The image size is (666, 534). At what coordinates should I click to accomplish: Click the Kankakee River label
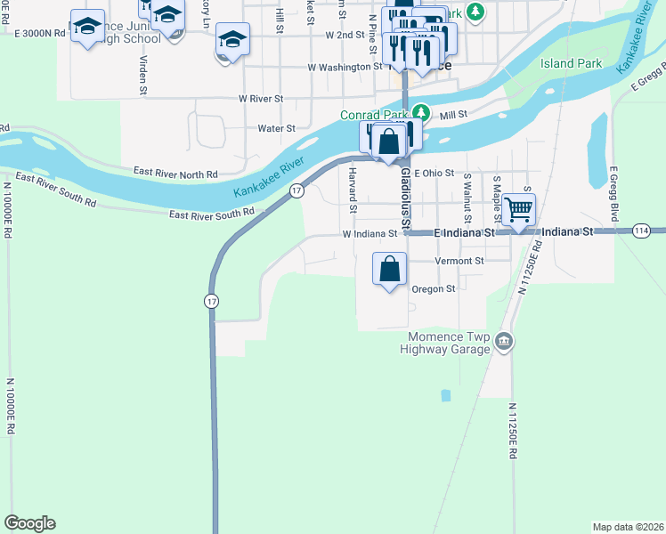click(269, 176)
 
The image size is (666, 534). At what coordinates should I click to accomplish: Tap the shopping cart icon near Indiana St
click(518, 210)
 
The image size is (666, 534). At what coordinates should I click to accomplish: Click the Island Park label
click(571, 64)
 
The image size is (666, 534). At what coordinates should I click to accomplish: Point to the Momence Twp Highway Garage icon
click(504, 341)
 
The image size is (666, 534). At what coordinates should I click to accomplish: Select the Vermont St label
click(459, 261)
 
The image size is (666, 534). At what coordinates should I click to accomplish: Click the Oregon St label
click(433, 288)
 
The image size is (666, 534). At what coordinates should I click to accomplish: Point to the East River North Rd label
click(175, 171)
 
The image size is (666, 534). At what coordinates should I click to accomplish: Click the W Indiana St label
click(369, 234)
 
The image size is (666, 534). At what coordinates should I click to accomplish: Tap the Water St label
click(276, 128)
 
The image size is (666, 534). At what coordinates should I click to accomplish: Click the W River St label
click(260, 98)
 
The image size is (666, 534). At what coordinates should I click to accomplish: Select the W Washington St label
click(345, 67)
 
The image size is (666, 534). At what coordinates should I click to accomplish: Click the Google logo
click(29, 523)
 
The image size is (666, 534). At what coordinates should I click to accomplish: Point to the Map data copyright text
click(628, 527)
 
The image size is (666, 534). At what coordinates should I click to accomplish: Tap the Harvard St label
click(353, 190)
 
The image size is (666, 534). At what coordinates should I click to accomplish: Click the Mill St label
click(453, 115)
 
